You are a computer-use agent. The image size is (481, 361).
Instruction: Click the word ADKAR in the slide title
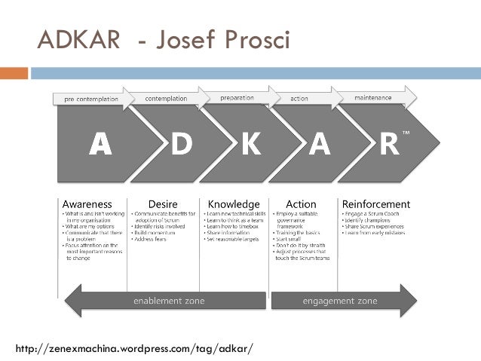(78, 40)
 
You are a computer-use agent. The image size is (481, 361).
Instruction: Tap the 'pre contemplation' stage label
(90, 99)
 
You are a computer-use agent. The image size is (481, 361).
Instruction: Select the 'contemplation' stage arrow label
(166, 99)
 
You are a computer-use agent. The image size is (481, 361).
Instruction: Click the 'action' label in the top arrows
(299, 99)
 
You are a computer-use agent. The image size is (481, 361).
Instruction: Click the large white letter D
(181, 144)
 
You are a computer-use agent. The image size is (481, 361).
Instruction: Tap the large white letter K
(250, 144)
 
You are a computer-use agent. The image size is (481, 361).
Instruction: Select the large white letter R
(389, 144)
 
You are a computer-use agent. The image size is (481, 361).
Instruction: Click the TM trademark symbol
(406, 133)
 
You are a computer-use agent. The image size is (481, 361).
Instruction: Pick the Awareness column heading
(87, 204)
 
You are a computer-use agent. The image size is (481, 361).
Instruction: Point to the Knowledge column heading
(234, 204)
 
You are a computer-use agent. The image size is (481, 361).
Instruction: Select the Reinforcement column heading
(376, 204)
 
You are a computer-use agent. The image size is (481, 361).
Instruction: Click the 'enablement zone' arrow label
(169, 301)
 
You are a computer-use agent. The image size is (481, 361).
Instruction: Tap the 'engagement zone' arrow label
(340, 301)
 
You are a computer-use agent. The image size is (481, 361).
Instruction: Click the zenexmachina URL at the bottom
(135, 348)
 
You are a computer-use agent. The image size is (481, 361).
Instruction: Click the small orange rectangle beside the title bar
(14, 73)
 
